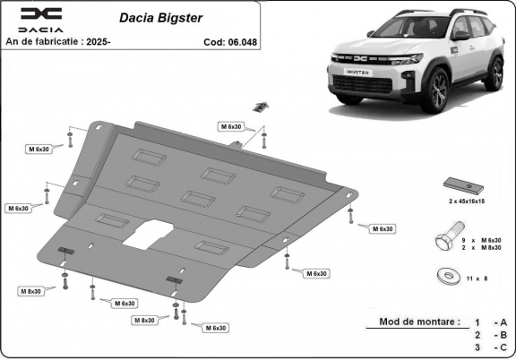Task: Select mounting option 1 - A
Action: pos(491,321)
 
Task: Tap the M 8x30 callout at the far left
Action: pos(31,291)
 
